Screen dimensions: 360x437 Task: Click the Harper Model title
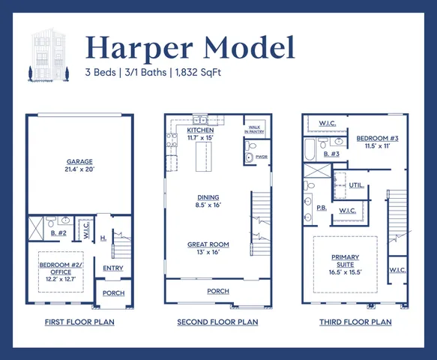[x=189, y=47]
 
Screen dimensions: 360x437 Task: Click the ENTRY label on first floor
[x=113, y=268]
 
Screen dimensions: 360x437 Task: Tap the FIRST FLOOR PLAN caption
[x=79, y=322]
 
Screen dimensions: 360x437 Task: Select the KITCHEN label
[x=200, y=130]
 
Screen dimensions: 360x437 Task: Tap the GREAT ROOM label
[x=208, y=244]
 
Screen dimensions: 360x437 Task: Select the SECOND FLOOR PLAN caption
[x=217, y=322]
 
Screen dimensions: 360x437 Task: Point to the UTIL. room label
[x=356, y=184]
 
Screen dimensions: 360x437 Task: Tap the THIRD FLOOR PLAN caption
[x=356, y=322]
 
